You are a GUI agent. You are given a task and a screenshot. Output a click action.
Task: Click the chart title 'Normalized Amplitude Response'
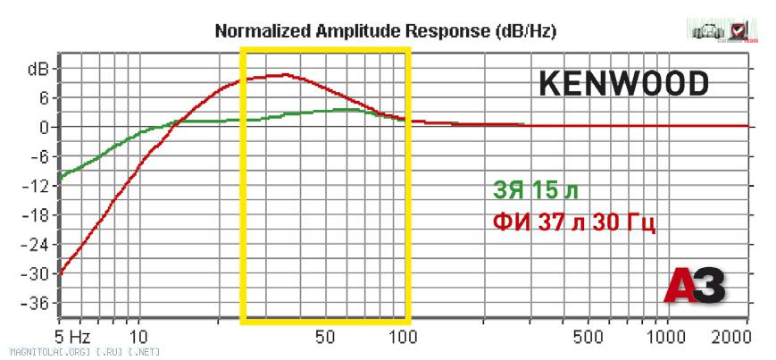pos(386,31)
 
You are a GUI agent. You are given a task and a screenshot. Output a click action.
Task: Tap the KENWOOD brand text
pos(623,83)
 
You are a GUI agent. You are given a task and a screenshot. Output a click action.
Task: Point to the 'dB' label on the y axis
pos(38,68)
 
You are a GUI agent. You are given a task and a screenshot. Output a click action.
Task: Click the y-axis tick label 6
pos(43,97)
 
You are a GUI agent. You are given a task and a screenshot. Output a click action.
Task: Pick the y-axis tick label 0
pos(43,127)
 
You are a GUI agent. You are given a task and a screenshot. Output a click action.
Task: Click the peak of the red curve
pos(284,75)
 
